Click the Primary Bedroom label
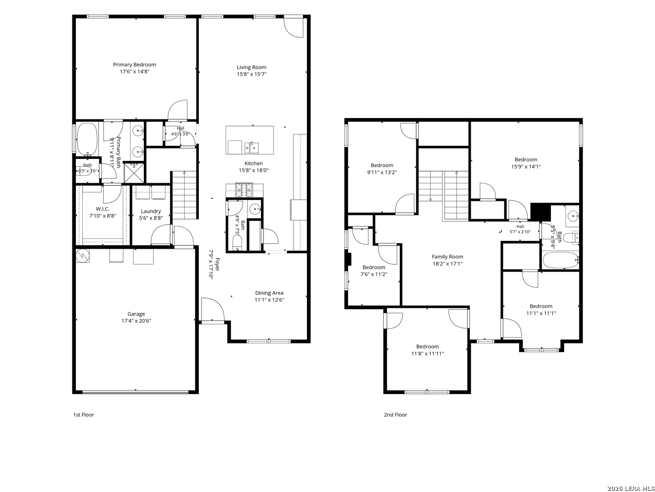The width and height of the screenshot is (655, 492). (x=134, y=65)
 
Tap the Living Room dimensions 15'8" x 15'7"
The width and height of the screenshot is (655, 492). (x=251, y=74)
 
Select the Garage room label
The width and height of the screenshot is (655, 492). (x=136, y=314)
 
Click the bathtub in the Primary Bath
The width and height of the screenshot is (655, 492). (x=87, y=139)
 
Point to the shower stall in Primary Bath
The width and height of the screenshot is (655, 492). (x=134, y=172)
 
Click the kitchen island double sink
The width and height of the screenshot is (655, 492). (x=252, y=147)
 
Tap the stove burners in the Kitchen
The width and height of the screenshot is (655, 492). (x=244, y=190)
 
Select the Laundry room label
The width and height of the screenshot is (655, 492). (x=151, y=211)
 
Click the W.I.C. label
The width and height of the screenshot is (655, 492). (x=102, y=209)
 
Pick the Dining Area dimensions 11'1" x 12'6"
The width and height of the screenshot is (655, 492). (x=269, y=300)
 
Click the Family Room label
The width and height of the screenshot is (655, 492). (x=447, y=256)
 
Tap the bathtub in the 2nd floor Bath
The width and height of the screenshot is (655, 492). (x=560, y=260)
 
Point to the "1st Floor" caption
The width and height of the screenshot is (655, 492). (x=84, y=415)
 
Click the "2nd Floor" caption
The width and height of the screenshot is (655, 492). (x=395, y=415)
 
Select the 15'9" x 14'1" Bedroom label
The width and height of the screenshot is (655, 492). (x=526, y=159)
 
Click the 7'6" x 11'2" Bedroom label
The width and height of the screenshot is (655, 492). (x=373, y=267)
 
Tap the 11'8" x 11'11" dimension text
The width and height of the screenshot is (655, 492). (x=427, y=354)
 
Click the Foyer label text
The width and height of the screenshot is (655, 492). (x=217, y=264)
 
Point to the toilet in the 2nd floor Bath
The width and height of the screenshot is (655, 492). (x=575, y=237)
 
